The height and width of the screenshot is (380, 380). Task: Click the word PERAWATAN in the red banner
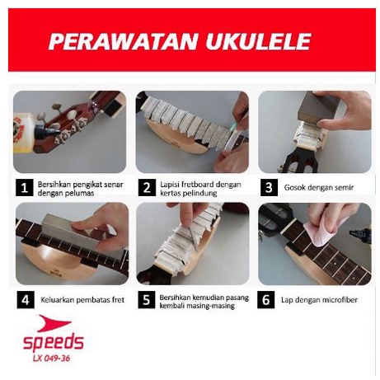pyautogui.click(x=123, y=42)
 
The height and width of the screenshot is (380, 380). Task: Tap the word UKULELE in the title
pyautogui.click(x=258, y=42)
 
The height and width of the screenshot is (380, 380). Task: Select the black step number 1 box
pyautogui.click(x=25, y=188)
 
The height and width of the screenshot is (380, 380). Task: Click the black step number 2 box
pyautogui.click(x=147, y=188)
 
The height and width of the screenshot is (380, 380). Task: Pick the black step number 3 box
pyautogui.click(x=269, y=188)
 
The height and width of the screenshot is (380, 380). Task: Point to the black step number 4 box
pyautogui.click(x=26, y=299)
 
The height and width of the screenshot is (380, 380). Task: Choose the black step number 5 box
pyautogui.click(x=147, y=299)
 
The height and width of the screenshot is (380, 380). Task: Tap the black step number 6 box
pyautogui.click(x=266, y=299)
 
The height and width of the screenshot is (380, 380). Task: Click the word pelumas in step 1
pyautogui.click(x=81, y=193)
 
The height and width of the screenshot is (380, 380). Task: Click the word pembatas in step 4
pyautogui.click(x=91, y=299)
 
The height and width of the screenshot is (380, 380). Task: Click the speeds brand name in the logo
pyautogui.click(x=54, y=342)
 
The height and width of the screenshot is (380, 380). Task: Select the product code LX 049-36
pyautogui.click(x=51, y=359)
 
